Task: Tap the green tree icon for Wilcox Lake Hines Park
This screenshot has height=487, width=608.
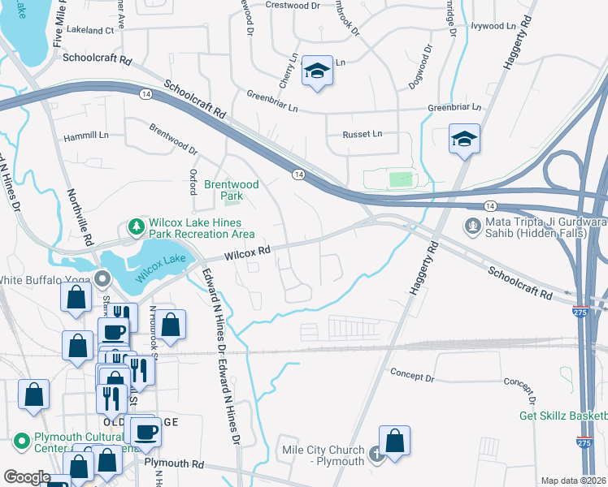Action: tap(136, 225)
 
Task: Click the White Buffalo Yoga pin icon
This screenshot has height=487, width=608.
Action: tap(102, 280)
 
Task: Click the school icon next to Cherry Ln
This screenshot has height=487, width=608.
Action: tap(316, 71)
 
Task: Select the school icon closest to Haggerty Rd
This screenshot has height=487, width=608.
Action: tap(463, 139)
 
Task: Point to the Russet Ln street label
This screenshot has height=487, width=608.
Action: tap(361, 134)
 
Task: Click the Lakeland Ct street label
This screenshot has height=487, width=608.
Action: tap(92, 30)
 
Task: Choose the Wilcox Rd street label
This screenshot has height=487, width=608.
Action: tap(246, 253)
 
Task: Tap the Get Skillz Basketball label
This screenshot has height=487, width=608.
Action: tap(563, 416)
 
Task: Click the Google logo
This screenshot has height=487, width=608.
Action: tap(27, 477)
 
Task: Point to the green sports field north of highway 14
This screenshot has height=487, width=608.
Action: tap(400, 179)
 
